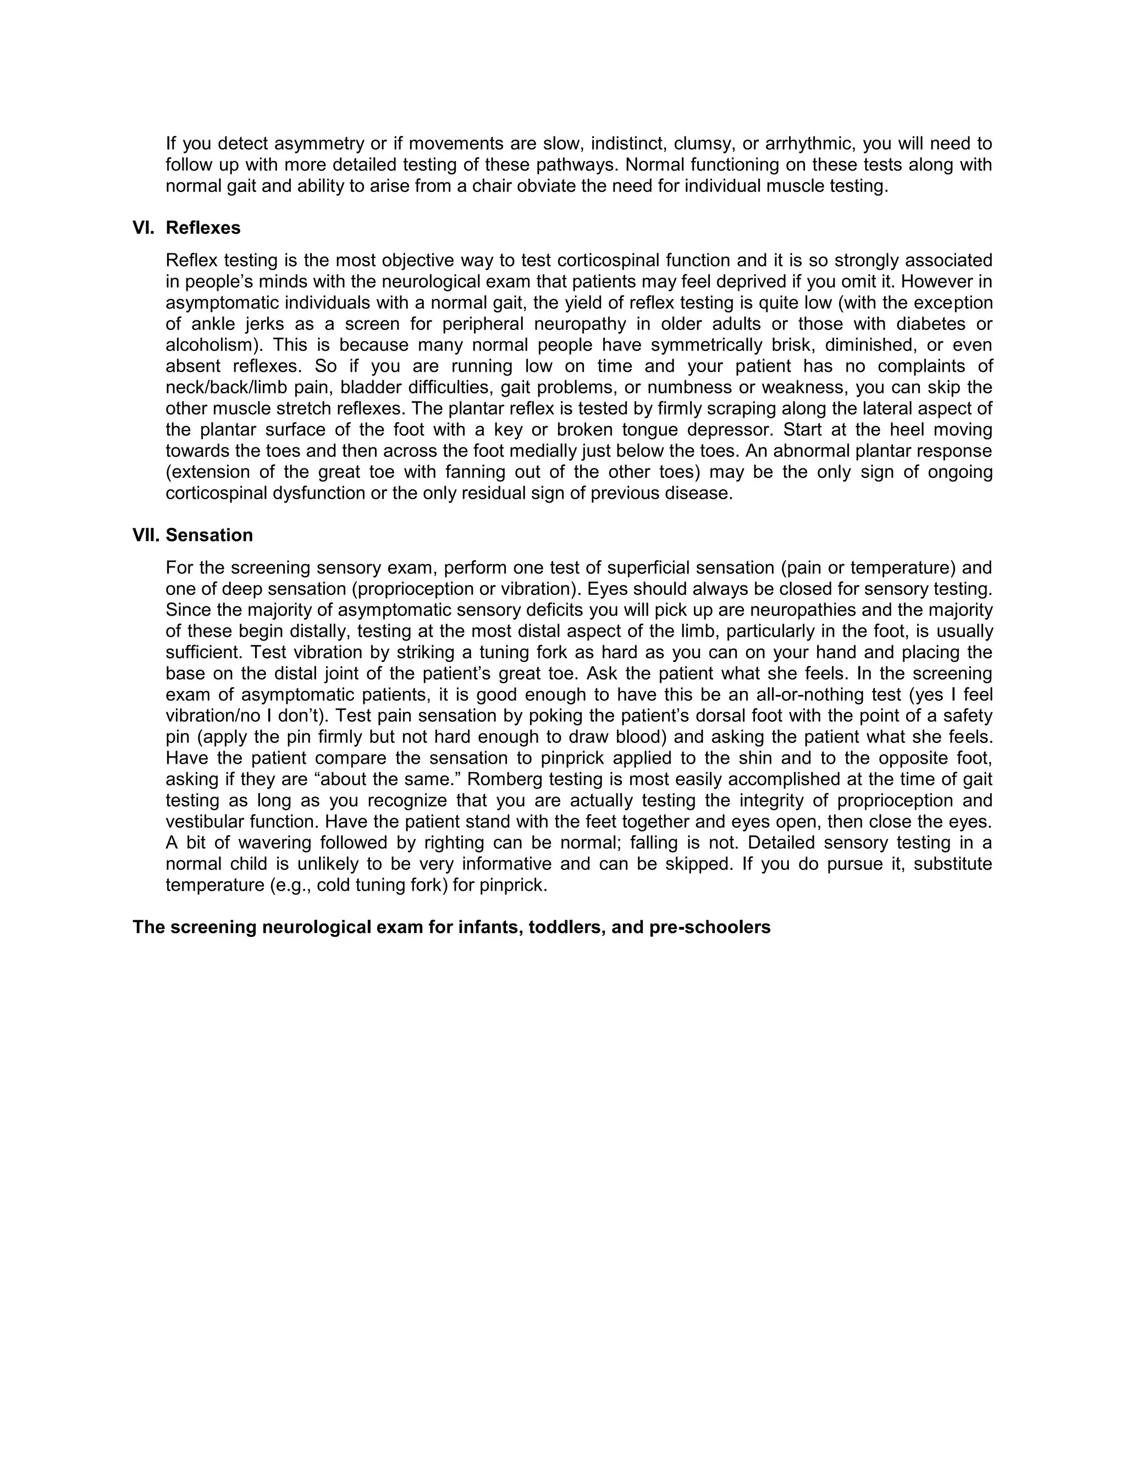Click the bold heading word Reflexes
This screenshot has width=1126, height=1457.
click(x=203, y=228)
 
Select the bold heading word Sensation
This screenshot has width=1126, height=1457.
click(x=209, y=536)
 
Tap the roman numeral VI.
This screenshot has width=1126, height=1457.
click(x=143, y=228)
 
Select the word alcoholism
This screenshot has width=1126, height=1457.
click(x=211, y=346)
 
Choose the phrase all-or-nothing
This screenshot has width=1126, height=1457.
click(x=807, y=694)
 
